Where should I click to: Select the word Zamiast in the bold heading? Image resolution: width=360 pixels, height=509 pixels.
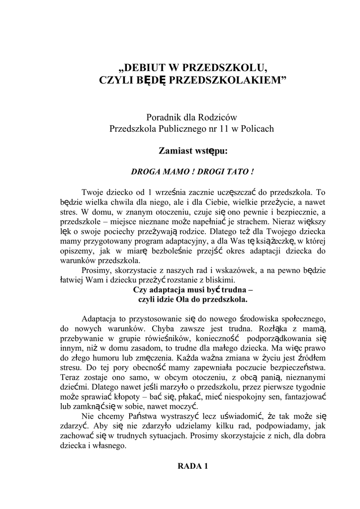pos(176,150)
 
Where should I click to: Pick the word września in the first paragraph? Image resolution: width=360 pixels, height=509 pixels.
pos(169,192)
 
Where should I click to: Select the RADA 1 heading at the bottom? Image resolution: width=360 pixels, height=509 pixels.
pos(192,466)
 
